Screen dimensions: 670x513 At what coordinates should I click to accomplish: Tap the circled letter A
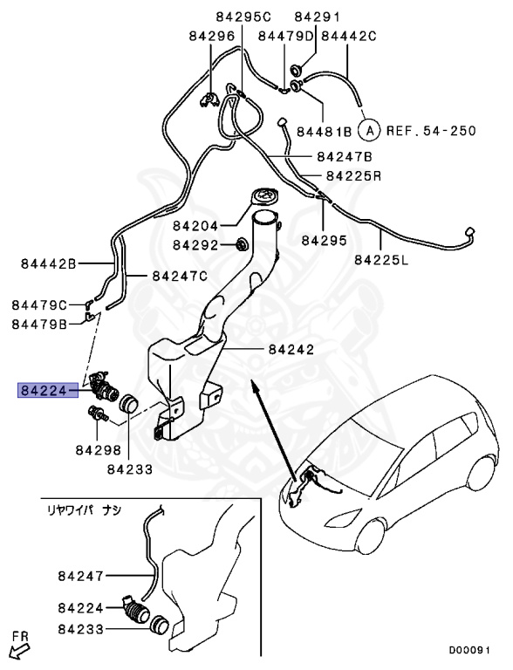(370, 131)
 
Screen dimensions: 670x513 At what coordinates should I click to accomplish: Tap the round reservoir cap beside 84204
(262, 197)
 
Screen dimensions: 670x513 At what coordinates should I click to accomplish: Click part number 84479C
(39, 304)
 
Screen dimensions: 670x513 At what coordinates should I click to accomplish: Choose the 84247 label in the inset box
(81, 576)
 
